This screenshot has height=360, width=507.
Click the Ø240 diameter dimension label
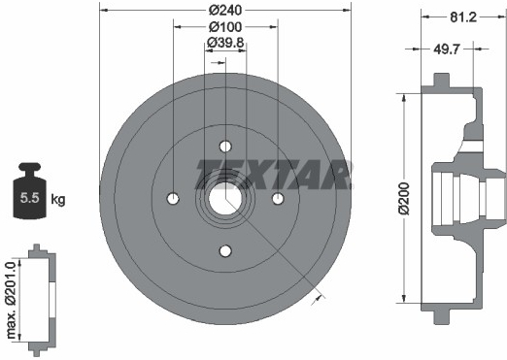225,10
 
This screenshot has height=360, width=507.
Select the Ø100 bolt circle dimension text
225,27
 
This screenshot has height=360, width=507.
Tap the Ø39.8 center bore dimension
225,43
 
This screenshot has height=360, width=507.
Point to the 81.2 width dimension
463,16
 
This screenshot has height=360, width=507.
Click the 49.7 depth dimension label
447,49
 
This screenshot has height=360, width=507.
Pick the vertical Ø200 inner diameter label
404,199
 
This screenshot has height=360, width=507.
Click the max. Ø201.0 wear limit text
12,300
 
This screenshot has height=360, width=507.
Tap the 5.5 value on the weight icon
29,198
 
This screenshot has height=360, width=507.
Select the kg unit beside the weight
58,199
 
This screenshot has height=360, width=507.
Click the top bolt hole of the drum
225,147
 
